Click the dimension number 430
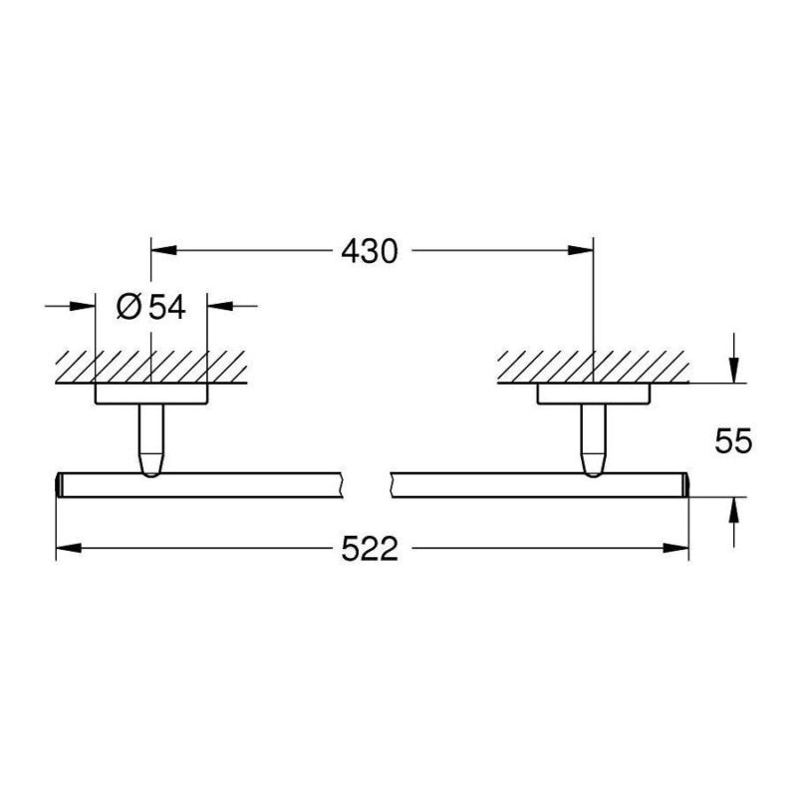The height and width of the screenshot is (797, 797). (x=369, y=251)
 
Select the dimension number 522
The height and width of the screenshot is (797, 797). (x=369, y=549)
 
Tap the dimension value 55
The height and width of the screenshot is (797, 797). (x=733, y=440)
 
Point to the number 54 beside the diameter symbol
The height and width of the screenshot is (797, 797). (x=166, y=308)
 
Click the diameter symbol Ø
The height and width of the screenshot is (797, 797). (x=129, y=308)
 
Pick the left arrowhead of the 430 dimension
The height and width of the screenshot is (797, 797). (x=163, y=250)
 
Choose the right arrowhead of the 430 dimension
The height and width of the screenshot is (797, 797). (x=581, y=250)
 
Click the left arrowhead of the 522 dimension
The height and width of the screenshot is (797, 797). (x=69, y=548)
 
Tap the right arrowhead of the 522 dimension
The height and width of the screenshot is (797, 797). (x=676, y=548)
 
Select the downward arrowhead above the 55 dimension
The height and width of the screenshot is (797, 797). (x=733, y=370)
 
